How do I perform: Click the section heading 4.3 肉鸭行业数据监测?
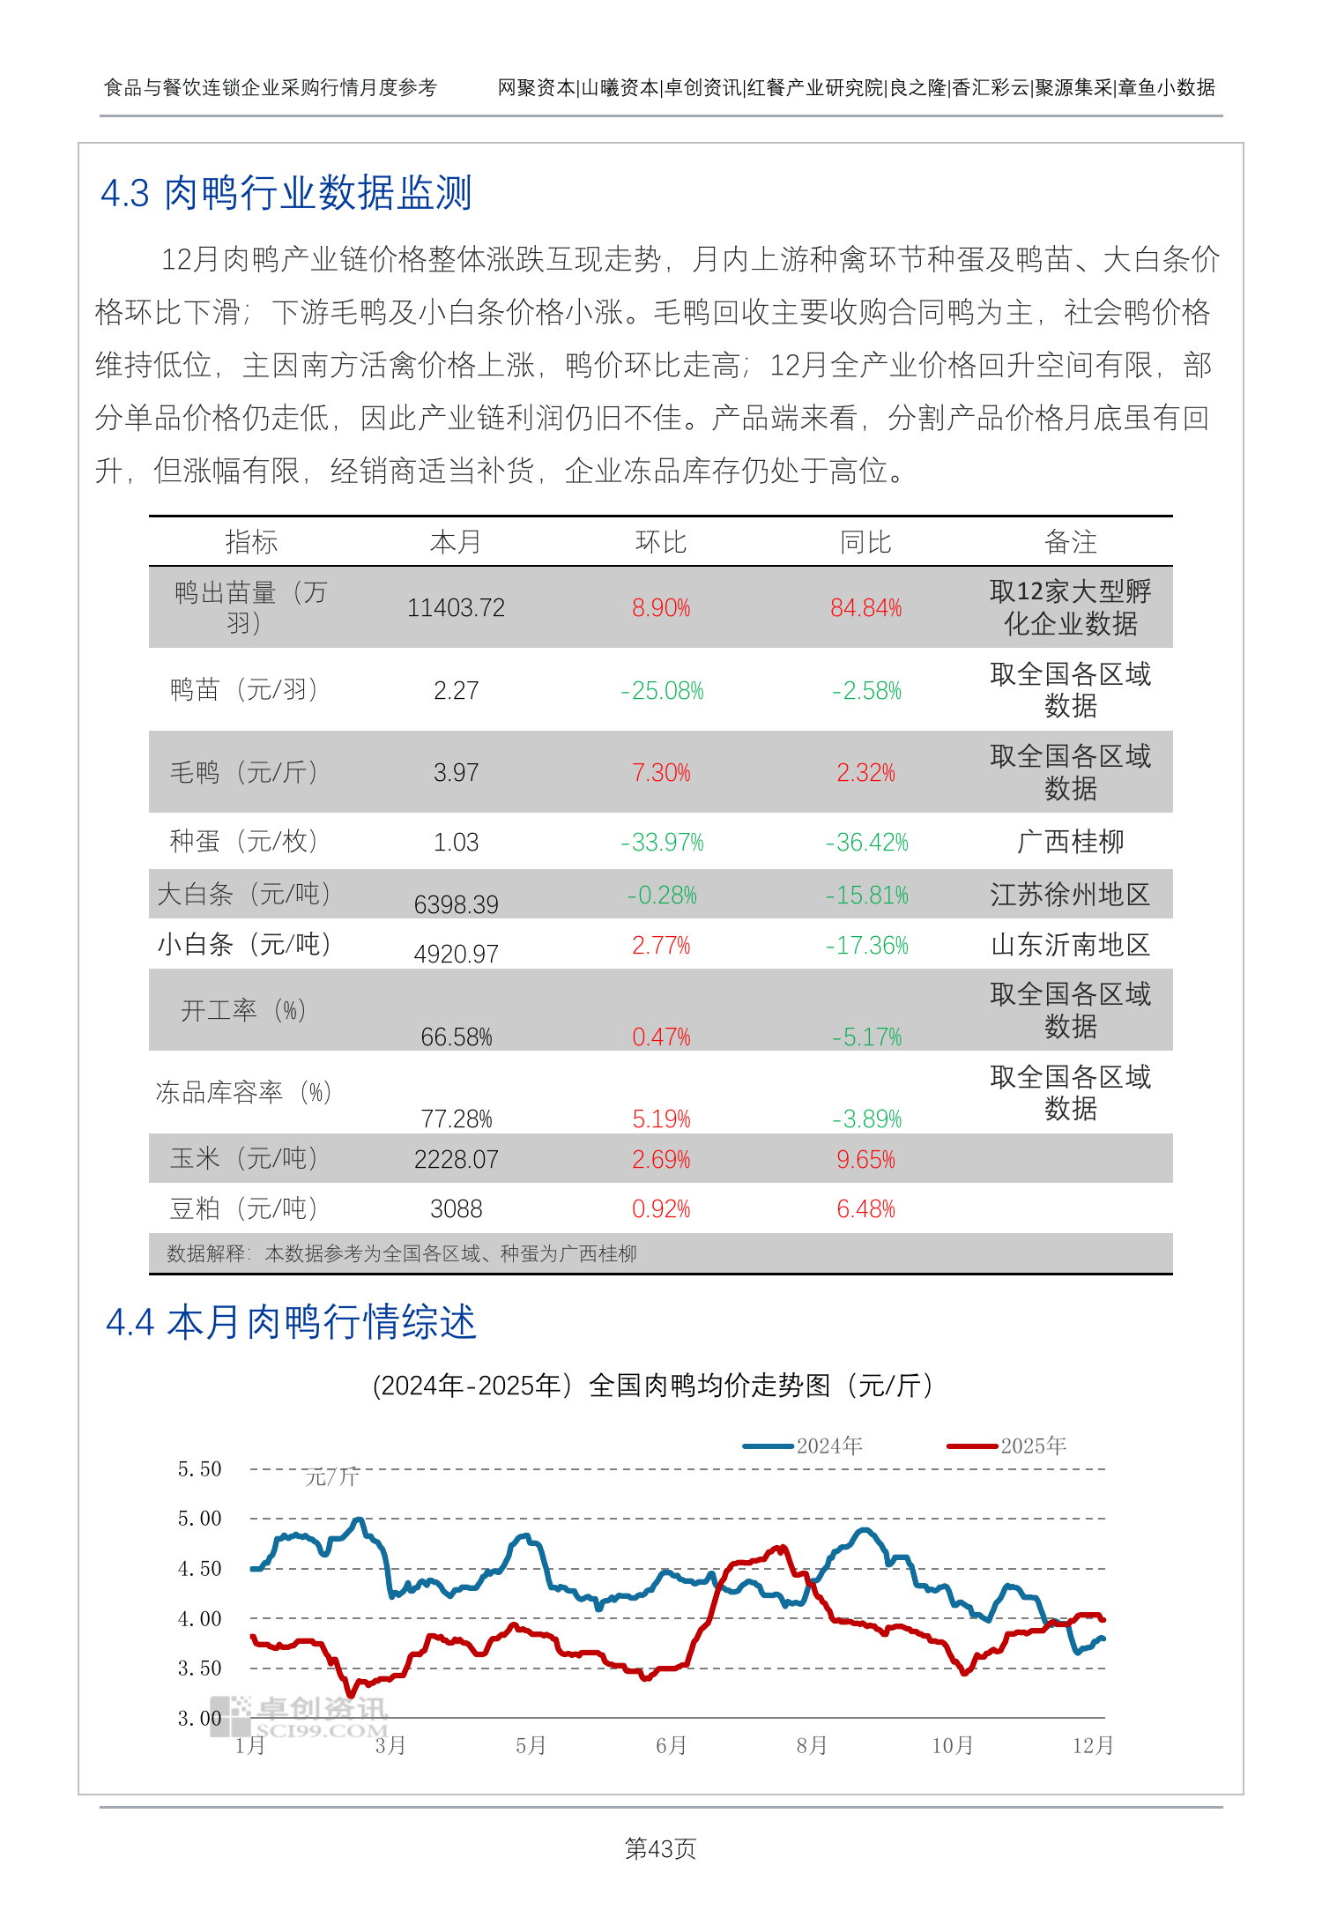[286, 193]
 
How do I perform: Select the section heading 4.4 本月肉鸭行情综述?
[291, 1322]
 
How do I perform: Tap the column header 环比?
[661, 542]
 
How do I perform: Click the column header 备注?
[1070, 542]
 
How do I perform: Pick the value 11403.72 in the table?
[456, 608]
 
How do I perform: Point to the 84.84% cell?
[865, 608]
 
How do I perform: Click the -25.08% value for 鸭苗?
[662, 691]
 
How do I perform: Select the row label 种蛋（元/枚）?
[243, 842]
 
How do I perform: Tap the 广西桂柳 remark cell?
[1070, 842]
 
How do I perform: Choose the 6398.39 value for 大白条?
[456, 904]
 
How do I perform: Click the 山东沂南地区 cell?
[1070, 945]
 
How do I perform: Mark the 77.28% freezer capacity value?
[456, 1119]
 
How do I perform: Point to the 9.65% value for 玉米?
[865, 1160]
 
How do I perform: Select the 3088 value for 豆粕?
[456, 1209]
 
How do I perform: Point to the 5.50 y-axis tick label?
[199, 1469]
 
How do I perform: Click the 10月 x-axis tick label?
[952, 1745]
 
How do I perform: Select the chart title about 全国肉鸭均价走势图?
[653, 1386]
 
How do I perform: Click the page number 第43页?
[660, 1848]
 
